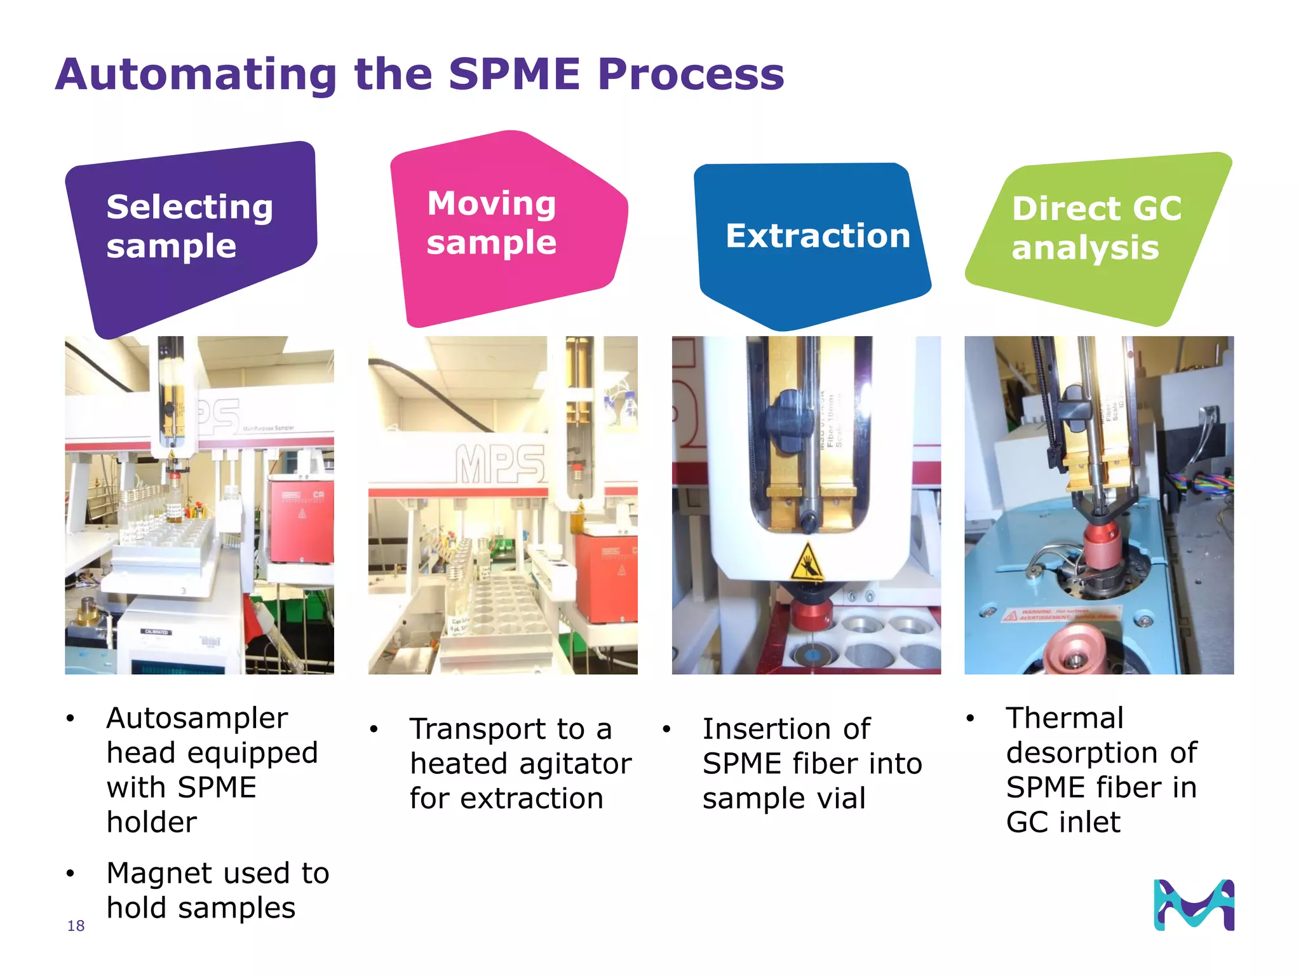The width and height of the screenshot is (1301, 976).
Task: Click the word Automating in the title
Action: (196, 75)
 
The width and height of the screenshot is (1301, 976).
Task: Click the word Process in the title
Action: (691, 75)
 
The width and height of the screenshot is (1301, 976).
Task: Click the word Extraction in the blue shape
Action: (818, 236)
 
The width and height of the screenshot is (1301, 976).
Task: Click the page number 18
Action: (76, 926)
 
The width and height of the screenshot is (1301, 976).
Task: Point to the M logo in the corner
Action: (1194, 905)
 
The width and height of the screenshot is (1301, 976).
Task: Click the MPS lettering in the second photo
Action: (500, 464)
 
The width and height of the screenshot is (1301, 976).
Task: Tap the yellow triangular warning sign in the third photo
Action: (808, 563)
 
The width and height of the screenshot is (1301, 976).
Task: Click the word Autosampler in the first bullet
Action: (197, 718)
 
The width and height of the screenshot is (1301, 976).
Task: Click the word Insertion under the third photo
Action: (786, 729)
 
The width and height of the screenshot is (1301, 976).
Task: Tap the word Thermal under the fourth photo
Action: (1065, 718)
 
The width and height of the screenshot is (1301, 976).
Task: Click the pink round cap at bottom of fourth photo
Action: (1074, 648)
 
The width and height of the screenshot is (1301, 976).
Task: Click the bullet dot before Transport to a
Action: (374, 729)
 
